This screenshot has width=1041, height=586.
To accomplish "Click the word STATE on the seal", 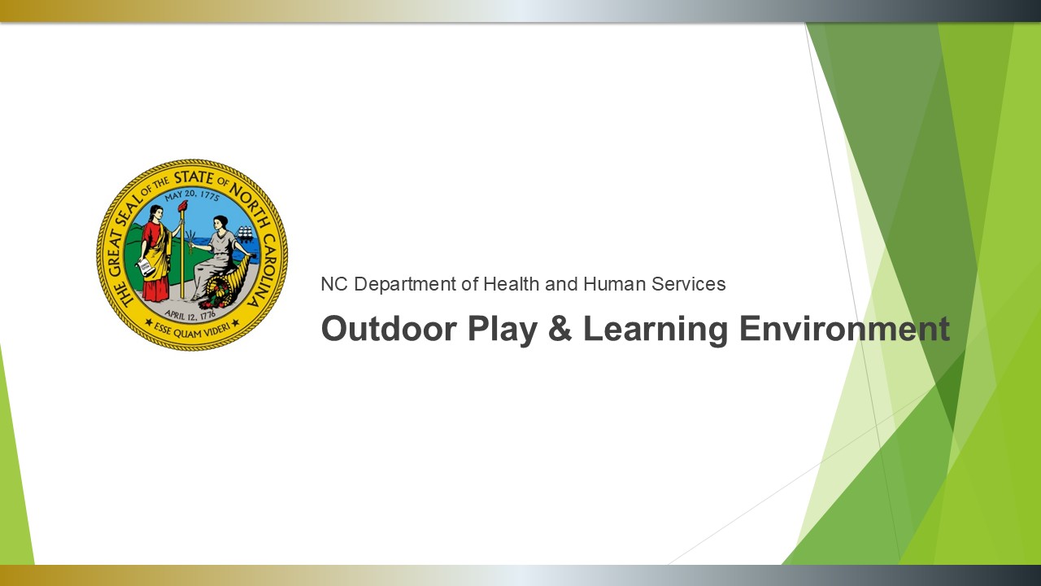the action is point(194,178).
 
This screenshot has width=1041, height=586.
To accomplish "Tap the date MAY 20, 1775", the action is point(192,195).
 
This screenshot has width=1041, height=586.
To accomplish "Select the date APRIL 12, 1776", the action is point(190,316).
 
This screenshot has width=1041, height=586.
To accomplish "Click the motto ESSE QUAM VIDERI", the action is point(191,330).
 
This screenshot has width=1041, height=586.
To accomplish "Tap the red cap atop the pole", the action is point(183,207).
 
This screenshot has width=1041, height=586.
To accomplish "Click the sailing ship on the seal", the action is point(246,234).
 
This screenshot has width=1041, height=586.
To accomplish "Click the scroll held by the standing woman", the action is point(145,268).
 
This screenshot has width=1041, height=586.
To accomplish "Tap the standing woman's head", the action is point(155,213).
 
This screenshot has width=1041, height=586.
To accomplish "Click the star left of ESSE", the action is point(149,321).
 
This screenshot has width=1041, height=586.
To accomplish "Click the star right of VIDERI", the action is point(235,321).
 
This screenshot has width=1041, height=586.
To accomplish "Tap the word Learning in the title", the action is point(656,331).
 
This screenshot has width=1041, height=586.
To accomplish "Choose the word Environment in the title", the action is point(844,328).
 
